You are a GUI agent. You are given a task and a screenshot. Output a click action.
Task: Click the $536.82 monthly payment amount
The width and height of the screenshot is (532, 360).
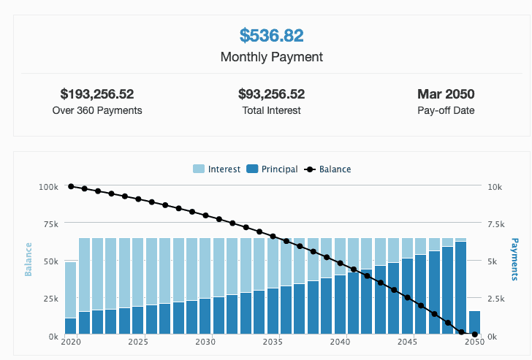[271, 35]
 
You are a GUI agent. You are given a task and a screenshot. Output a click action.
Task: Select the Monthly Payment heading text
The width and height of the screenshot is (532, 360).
[271, 56]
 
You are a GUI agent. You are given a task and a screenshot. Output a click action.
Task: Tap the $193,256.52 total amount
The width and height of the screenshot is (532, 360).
[97, 94]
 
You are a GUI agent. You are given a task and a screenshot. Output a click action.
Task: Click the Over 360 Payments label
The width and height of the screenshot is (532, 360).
[97, 111]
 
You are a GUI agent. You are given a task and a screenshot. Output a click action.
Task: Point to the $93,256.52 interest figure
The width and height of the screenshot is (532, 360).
[271, 94]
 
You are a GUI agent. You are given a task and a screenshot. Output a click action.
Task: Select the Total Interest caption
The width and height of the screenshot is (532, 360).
[271, 111]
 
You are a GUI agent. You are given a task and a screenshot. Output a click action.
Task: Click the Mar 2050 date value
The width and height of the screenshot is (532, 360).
[446, 94]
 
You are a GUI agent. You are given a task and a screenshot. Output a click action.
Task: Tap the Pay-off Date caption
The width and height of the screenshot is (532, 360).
[446, 111]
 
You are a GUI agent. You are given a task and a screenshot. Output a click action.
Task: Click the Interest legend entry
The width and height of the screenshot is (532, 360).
[217, 169]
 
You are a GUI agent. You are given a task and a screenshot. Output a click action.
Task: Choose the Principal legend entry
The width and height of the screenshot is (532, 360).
[273, 169]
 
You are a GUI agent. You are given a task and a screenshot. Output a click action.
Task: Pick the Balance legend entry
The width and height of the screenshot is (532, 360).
[328, 169]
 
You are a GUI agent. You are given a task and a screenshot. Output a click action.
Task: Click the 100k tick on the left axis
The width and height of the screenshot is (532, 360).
[48, 187]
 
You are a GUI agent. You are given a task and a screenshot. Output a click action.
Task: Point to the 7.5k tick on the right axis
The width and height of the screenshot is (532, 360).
[495, 224]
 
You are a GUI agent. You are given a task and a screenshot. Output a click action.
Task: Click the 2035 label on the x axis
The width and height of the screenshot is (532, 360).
[273, 342]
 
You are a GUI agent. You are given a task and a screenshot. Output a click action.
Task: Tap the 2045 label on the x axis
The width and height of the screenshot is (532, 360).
[408, 342]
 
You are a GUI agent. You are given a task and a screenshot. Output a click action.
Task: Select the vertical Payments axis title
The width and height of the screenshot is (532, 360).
[514, 259]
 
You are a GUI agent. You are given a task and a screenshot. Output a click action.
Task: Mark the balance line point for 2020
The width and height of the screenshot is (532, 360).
[71, 186]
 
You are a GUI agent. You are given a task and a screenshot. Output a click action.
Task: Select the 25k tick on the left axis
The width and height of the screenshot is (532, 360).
[50, 299]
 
